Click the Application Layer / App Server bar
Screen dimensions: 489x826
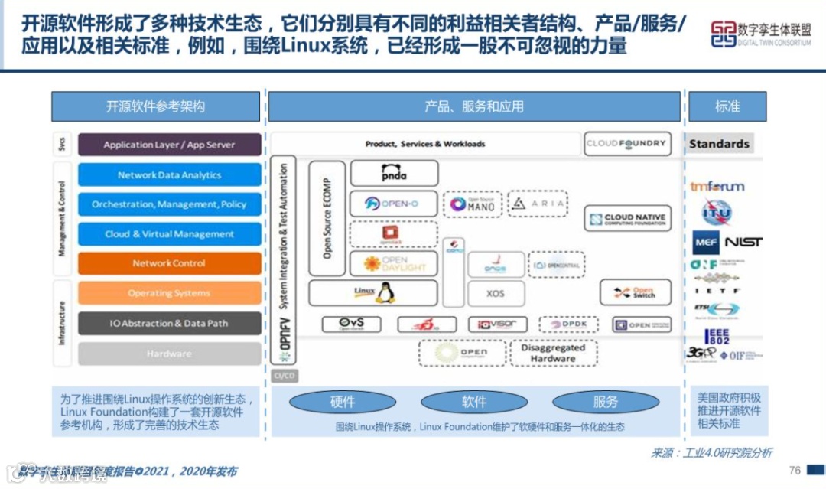click(169, 145)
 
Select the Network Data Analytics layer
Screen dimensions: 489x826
click(169, 174)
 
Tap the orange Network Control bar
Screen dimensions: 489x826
click(169, 263)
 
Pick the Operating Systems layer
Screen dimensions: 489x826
click(169, 293)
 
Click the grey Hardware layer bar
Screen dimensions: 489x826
click(169, 354)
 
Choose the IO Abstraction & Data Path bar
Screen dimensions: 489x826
click(169, 324)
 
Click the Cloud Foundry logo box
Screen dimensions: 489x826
click(627, 143)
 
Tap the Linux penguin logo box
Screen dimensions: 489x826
click(373, 292)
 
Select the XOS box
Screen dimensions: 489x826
click(496, 293)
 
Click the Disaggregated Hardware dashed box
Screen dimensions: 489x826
click(552, 353)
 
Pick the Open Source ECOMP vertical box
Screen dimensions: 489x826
click(327, 219)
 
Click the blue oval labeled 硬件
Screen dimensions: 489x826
click(343, 402)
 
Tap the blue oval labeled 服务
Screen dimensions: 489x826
click(605, 402)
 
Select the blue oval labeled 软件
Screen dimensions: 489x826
click(474, 402)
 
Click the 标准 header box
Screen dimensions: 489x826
click(727, 106)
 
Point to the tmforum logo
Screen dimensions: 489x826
click(718, 186)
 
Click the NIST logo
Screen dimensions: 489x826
click(743, 242)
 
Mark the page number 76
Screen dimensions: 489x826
click(795, 470)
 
